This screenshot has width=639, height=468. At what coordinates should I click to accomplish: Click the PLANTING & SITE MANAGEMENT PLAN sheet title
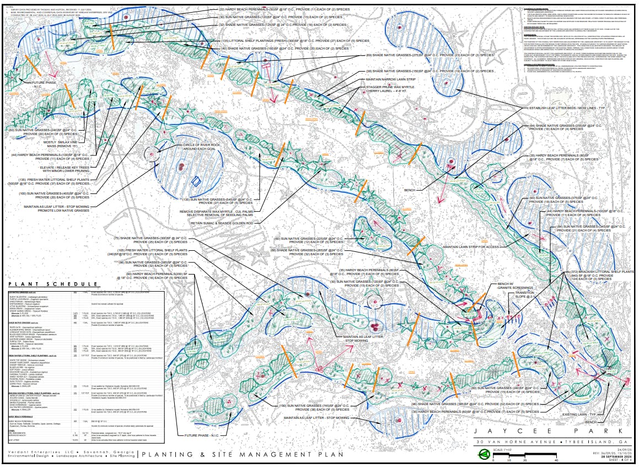[241, 455]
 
